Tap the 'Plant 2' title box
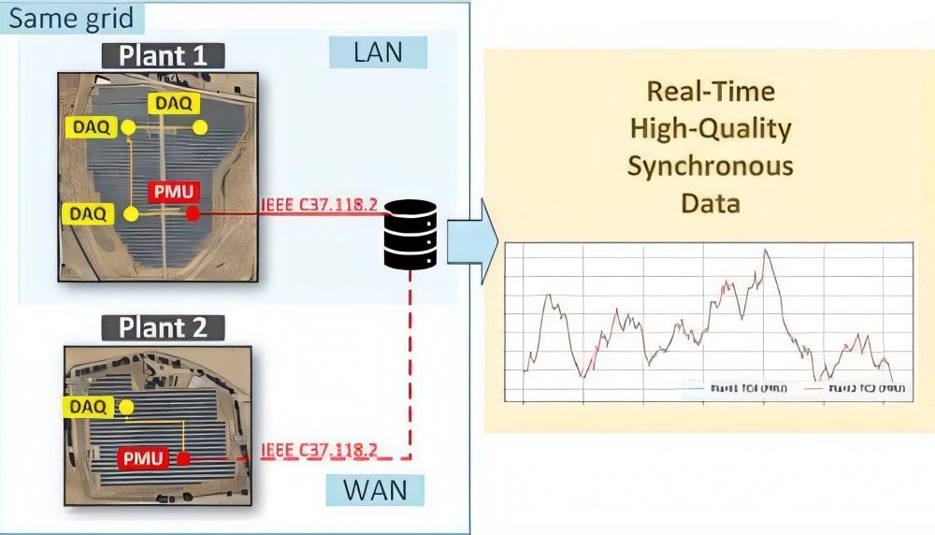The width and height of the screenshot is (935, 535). click(x=170, y=327)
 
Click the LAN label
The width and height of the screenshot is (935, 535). click(x=378, y=52)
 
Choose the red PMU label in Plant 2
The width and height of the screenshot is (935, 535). click(x=142, y=458)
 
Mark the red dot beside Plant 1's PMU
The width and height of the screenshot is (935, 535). click(x=193, y=214)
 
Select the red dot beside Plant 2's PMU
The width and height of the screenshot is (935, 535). click(x=183, y=459)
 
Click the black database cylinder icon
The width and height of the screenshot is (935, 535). click(x=410, y=234)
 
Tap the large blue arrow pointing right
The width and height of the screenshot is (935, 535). click(x=469, y=240)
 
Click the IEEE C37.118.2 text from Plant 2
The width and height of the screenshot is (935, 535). click(x=319, y=450)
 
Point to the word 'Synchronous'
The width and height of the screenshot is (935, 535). click(x=710, y=166)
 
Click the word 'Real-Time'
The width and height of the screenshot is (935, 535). click(x=710, y=91)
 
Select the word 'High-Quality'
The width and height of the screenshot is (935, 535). click(x=710, y=128)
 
